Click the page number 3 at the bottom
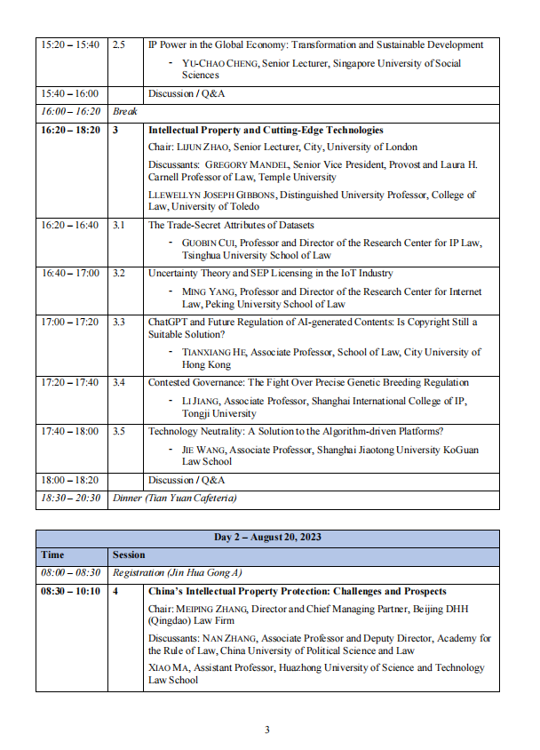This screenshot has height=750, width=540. [267, 730]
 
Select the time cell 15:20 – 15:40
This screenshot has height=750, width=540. [70, 44]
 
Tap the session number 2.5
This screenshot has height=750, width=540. [119, 44]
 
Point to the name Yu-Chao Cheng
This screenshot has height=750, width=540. [218, 63]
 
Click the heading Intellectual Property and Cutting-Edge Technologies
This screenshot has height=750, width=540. [266, 130]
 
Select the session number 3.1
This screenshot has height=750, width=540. [119, 226]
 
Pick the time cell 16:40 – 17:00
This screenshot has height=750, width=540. [70, 274]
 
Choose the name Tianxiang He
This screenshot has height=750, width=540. [213, 353]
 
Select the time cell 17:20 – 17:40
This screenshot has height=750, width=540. [70, 383]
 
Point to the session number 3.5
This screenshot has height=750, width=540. [119, 431]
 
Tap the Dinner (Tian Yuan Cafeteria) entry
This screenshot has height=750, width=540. [175, 499]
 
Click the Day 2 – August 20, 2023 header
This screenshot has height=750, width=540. [267, 538]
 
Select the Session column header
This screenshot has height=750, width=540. [129, 555]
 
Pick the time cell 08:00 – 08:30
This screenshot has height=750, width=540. [70, 573]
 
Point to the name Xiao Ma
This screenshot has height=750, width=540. [168, 667]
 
